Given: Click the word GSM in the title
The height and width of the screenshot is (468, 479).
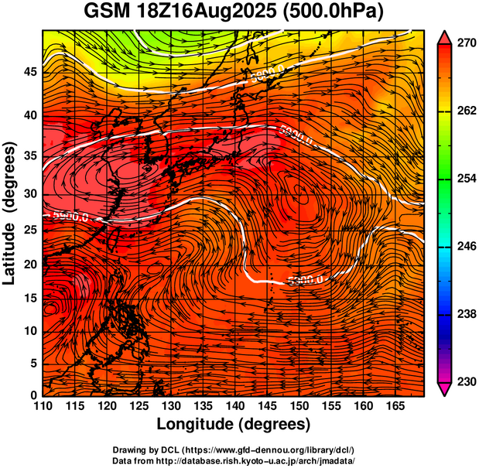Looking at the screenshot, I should pos(107,12).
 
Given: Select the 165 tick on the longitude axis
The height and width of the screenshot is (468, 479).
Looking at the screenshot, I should pos(392,405).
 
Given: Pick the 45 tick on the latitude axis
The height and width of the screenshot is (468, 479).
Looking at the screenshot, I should pos(29,72).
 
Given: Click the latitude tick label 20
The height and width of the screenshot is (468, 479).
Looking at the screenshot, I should pos(29,264).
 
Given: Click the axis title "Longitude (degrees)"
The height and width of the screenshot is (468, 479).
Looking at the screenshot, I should pos(234,424).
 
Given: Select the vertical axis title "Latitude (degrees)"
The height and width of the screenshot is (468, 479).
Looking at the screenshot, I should pos(11,212).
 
